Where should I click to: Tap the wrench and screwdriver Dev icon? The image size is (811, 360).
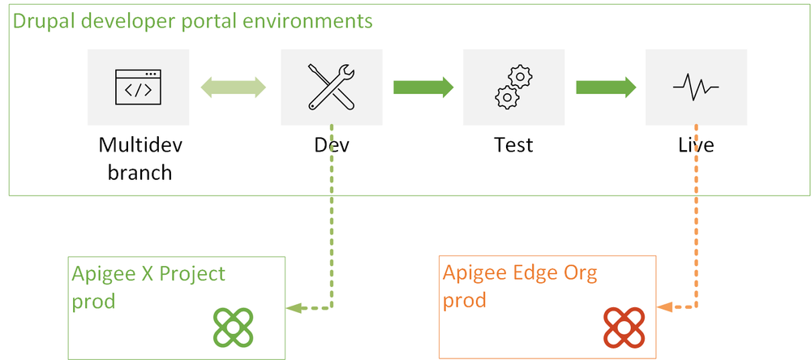pyautogui.click(x=331, y=86)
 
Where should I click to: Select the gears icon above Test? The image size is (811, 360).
pyautogui.click(x=513, y=86)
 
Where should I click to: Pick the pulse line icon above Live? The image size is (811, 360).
pyautogui.click(x=696, y=86)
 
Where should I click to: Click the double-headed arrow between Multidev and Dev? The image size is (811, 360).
pyautogui.click(x=234, y=88)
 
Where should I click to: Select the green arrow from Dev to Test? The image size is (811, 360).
pyautogui.click(x=423, y=87)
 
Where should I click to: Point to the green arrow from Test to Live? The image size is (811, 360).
pyautogui.click(x=605, y=87)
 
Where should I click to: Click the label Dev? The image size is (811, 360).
pyautogui.click(x=332, y=145)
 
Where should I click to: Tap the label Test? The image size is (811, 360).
pyautogui.click(x=513, y=145)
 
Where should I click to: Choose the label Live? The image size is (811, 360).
pyautogui.click(x=696, y=145)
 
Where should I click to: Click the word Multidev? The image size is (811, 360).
pyautogui.click(x=140, y=145)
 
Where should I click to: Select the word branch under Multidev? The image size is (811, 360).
pyautogui.click(x=140, y=172)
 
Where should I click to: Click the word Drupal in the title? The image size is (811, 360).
pyautogui.click(x=40, y=19)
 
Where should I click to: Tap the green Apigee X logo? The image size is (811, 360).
pyautogui.click(x=235, y=326)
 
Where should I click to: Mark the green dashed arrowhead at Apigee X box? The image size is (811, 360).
pyautogui.click(x=293, y=308)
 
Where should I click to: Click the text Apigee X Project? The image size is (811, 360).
pyautogui.click(x=149, y=273)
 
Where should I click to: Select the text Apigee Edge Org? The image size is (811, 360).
pyautogui.click(x=520, y=272)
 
